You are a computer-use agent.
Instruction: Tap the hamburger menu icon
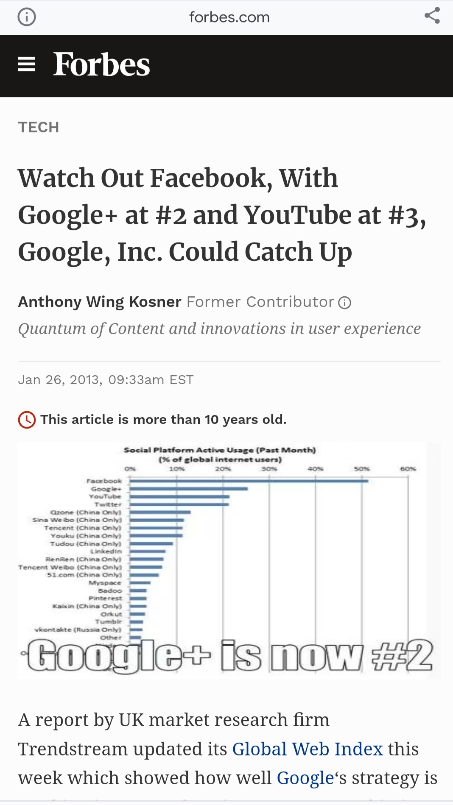coord(26,64)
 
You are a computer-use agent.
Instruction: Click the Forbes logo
coord(101,65)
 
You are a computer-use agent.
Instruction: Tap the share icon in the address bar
coord(432,16)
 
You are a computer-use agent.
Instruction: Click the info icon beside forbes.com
coord(27,17)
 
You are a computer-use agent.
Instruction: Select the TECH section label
coord(39,127)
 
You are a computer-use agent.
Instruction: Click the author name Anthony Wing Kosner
coord(100,302)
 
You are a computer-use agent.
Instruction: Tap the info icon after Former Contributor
coord(344,303)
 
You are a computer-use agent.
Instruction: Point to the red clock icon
coord(27,420)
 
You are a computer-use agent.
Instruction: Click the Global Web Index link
coord(308,749)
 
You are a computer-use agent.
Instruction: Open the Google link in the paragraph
coord(305,778)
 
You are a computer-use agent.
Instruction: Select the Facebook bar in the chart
coord(249,481)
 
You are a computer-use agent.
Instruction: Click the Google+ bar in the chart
coord(189,489)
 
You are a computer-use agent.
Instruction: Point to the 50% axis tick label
coord(362,469)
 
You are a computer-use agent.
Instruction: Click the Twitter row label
coord(108,504)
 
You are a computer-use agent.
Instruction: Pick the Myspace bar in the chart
coord(140,583)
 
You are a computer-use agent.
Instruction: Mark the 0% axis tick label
coord(130,469)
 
